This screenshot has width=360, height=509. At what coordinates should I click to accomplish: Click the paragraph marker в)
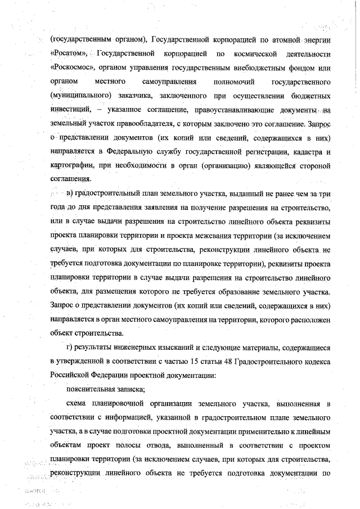tap(70, 194)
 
